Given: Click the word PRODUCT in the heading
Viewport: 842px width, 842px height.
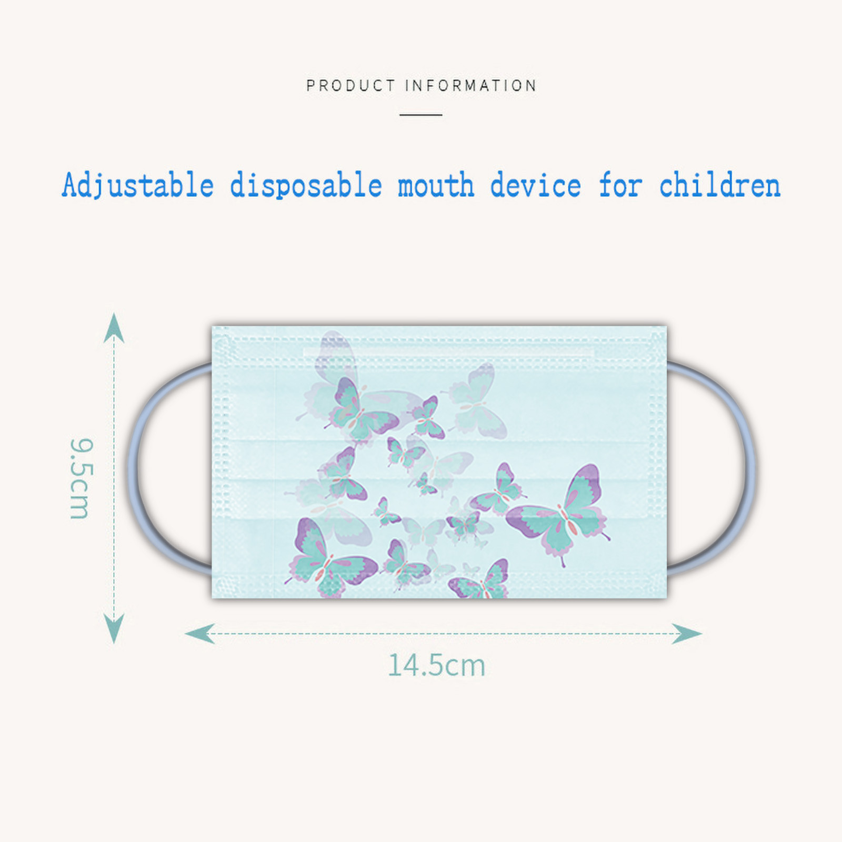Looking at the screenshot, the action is tap(350, 86).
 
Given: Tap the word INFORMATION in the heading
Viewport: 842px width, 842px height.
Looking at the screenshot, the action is tap(471, 86).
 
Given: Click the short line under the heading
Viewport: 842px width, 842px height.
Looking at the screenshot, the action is tap(420, 114).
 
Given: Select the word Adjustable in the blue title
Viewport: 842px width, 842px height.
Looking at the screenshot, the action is tap(138, 186).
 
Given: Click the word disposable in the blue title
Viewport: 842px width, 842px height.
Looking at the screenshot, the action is tap(306, 186).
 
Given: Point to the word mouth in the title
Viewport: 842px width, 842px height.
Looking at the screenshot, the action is tap(436, 186).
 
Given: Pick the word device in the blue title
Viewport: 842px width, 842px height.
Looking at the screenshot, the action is tap(536, 186).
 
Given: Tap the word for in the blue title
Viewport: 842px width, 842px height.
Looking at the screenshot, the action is tap(620, 186).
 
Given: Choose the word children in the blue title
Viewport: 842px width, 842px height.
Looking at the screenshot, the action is tap(719, 186).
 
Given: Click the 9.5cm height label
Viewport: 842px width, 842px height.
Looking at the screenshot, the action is tap(81, 478).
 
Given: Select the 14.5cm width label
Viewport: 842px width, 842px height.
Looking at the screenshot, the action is tap(436, 665).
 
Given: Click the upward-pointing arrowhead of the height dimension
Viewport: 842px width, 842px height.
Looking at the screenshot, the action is tap(114, 327).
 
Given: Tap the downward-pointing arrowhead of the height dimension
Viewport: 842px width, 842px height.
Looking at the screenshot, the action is tap(114, 628).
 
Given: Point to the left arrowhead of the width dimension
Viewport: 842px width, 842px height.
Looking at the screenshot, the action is tap(200, 633).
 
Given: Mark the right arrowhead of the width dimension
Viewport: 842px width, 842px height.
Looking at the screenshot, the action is tap(687, 633).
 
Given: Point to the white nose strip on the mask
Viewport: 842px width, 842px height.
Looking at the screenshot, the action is tap(448, 352).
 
